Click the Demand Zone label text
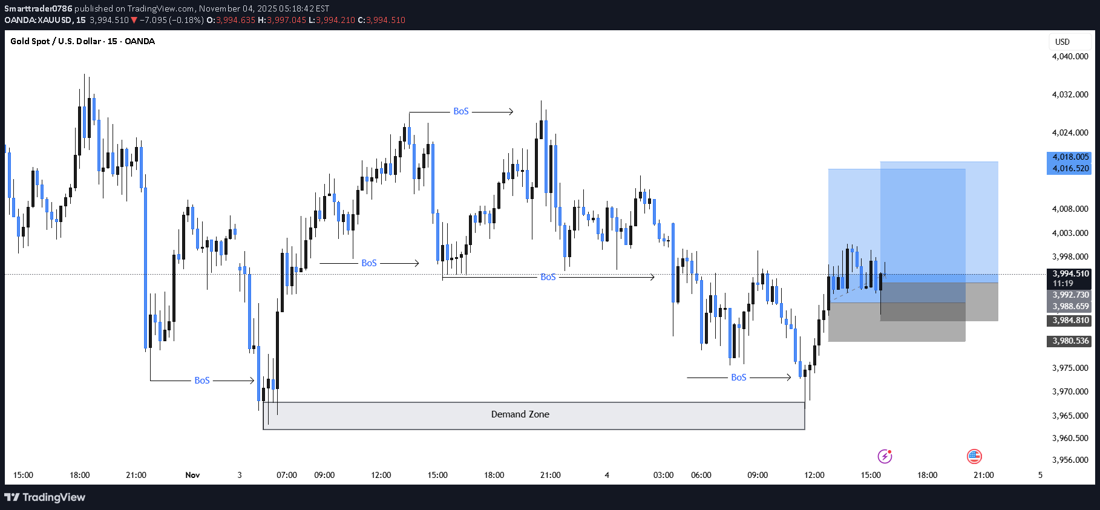pos(520,414)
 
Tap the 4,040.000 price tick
pos(1070,56)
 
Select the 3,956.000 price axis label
pos(1070,460)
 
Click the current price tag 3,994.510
pos(1070,274)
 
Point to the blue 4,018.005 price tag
pos(1070,157)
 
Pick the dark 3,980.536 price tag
pos(1070,341)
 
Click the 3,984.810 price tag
pos(1070,321)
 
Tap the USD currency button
pos(1062,42)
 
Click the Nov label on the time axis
pos(192,475)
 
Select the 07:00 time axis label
pos(287,475)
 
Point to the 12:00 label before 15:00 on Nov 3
pos(381,475)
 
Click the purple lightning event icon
pos(885,456)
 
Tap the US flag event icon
pos(974,456)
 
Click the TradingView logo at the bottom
pos(45,497)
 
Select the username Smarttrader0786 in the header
pos(38,8)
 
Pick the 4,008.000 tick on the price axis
pos(1070,209)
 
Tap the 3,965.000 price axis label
pos(1070,416)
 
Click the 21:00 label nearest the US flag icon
pos(983,475)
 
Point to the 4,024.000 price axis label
pos(1070,132)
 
